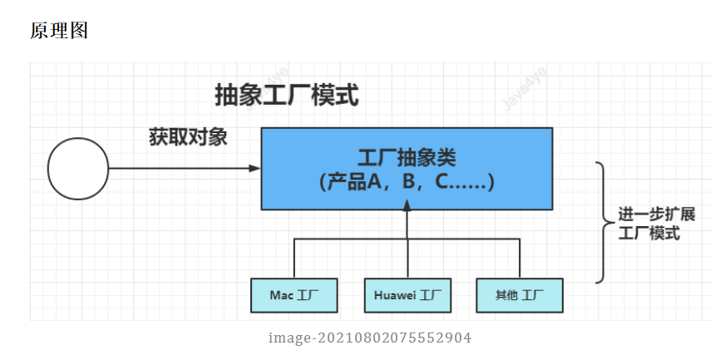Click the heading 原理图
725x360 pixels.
coord(59,31)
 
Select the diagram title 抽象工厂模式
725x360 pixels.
coord(287,96)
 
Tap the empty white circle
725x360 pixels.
coord(78,169)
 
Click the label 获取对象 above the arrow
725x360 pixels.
coord(188,136)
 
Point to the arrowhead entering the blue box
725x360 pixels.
coord(255,169)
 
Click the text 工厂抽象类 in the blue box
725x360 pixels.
coord(407,157)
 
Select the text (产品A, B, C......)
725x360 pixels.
coord(407,182)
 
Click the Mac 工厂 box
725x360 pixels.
coord(294,295)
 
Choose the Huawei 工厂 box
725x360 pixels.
coord(407,295)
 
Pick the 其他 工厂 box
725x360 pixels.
coord(520,295)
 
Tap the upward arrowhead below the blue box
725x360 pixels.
coord(407,215)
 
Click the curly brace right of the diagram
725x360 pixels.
coord(604,222)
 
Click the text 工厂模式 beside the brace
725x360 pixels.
coord(649,234)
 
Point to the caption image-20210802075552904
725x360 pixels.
coord(370,338)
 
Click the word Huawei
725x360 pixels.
coord(394,295)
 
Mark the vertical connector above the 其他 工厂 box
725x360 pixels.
coord(520,259)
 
